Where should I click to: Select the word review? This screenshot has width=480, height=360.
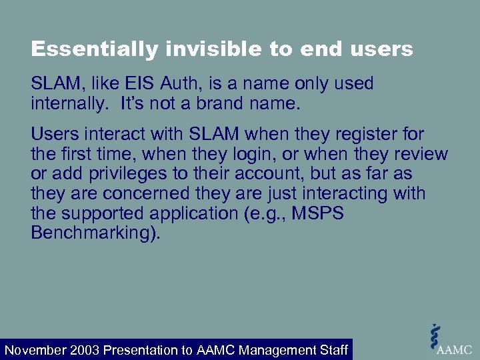click(419, 154)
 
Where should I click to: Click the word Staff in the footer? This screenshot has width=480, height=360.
click(331, 350)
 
